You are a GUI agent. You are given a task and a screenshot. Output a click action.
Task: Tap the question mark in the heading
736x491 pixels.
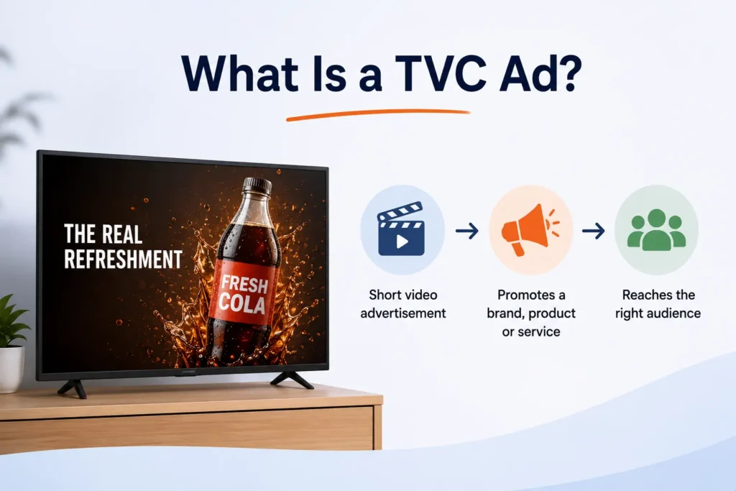coord(569,73)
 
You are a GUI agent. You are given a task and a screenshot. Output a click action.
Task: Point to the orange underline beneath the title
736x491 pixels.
coord(378,114)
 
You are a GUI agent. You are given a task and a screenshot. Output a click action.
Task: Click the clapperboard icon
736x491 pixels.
coord(401,229)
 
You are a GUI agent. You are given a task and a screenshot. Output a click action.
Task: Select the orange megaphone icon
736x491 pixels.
coord(530,229)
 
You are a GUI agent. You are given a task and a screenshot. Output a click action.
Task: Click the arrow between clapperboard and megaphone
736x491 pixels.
coord(466,231)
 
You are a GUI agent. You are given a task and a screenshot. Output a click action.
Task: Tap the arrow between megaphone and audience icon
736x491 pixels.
coord(593,231)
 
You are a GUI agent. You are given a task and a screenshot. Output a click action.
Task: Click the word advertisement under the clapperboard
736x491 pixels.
coord(402,313)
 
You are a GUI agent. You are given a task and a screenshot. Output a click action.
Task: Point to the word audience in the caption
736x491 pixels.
coord(673,313)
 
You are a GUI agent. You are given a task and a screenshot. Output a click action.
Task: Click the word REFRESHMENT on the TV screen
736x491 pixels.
coord(123,260)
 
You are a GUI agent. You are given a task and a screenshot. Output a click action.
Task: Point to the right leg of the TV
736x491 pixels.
coord(292,380)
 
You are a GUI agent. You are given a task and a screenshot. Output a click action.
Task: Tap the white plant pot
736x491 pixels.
coord(11,370)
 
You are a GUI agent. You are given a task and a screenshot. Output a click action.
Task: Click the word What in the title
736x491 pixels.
coord(240,74)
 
